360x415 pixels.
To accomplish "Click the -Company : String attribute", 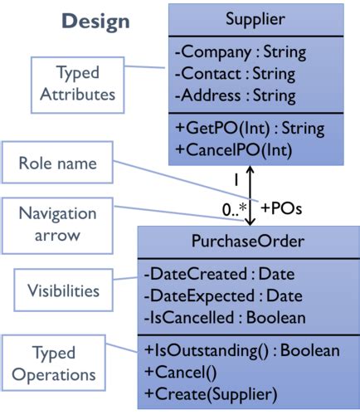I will [240, 52].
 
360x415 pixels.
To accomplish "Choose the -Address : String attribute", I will [236, 95].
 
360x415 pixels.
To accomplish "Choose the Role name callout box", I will [57, 164].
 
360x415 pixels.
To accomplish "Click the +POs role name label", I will [280, 208].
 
